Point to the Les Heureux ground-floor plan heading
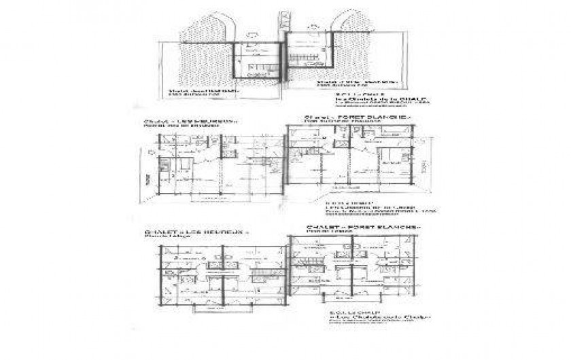(192, 122)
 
